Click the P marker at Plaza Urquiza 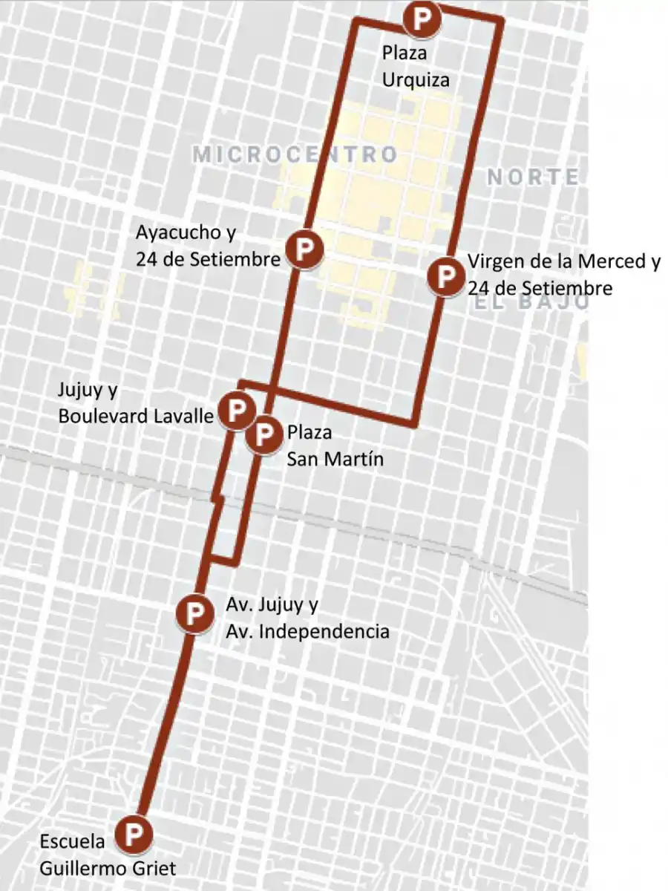422,18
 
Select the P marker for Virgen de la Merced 445,276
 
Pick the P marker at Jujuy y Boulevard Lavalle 236,410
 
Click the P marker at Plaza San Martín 264,435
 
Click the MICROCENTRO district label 295,154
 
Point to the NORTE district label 533,177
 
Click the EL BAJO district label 528,303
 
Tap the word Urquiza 416,79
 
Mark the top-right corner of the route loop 502,21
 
